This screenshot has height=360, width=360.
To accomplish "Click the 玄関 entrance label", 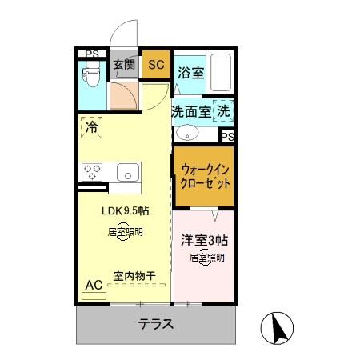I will pyautogui.click(x=123, y=65).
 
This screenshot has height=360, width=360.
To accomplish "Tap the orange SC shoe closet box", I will pyautogui.click(x=156, y=65).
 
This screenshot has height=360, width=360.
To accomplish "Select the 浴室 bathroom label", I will pyautogui.click(x=190, y=73).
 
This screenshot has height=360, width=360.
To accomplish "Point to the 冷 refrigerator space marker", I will pyautogui.click(x=91, y=127).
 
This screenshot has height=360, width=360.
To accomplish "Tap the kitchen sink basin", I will pyautogui.click(x=127, y=171).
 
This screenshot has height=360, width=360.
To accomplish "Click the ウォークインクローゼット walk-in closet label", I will pyautogui.click(x=206, y=176).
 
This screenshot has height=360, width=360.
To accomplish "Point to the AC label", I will pyautogui.click(x=93, y=284).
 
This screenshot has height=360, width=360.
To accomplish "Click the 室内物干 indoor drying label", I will pyautogui.click(x=134, y=277).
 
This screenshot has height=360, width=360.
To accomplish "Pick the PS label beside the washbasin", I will pyautogui.click(x=227, y=137).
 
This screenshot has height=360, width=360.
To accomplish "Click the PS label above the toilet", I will pyautogui.click(x=93, y=54).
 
